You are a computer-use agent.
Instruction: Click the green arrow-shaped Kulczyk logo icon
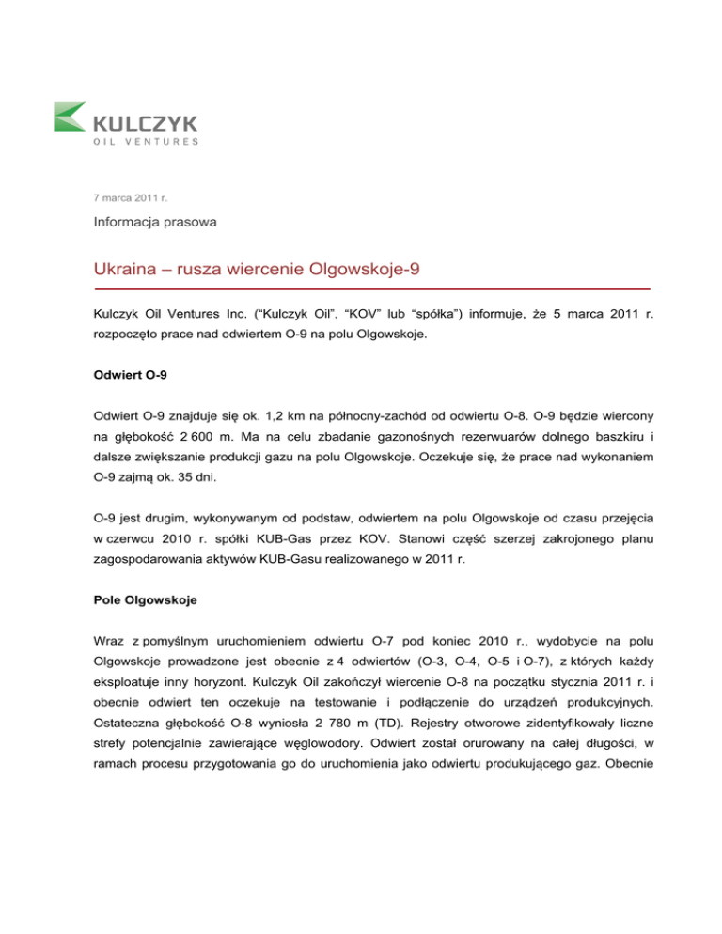click(x=71, y=119)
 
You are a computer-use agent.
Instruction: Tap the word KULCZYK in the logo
click(x=147, y=122)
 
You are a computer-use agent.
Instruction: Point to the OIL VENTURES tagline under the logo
click(x=146, y=142)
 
